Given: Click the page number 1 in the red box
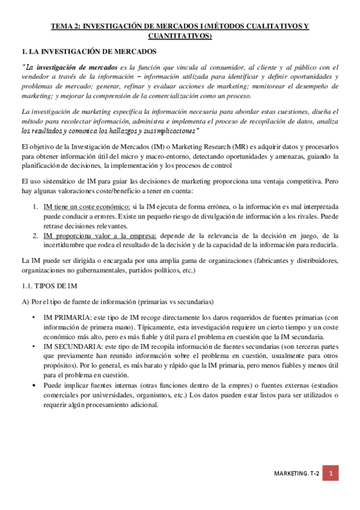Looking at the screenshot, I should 331,474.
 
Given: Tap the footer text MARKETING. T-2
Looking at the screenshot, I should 295,475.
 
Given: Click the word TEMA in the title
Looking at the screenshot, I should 61,26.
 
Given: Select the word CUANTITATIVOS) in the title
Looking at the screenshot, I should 180,36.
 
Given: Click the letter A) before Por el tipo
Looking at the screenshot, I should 25,301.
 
